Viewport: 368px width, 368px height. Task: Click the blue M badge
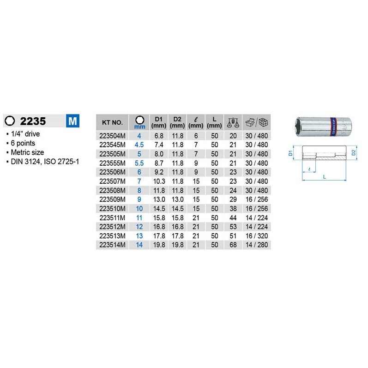point(72,121)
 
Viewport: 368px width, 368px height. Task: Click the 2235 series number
point(33,121)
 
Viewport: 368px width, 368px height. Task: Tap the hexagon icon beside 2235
point(10,121)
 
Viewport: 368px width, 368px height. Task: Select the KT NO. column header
point(112,122)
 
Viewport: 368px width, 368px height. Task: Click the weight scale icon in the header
point(233,122)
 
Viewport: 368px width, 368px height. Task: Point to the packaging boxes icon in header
point(257,122)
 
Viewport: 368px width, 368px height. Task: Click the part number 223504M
point(112,136)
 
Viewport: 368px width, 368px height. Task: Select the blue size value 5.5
point(139,163)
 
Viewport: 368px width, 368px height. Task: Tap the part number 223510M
point(112,209)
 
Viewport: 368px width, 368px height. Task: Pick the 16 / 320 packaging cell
point(257,236)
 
